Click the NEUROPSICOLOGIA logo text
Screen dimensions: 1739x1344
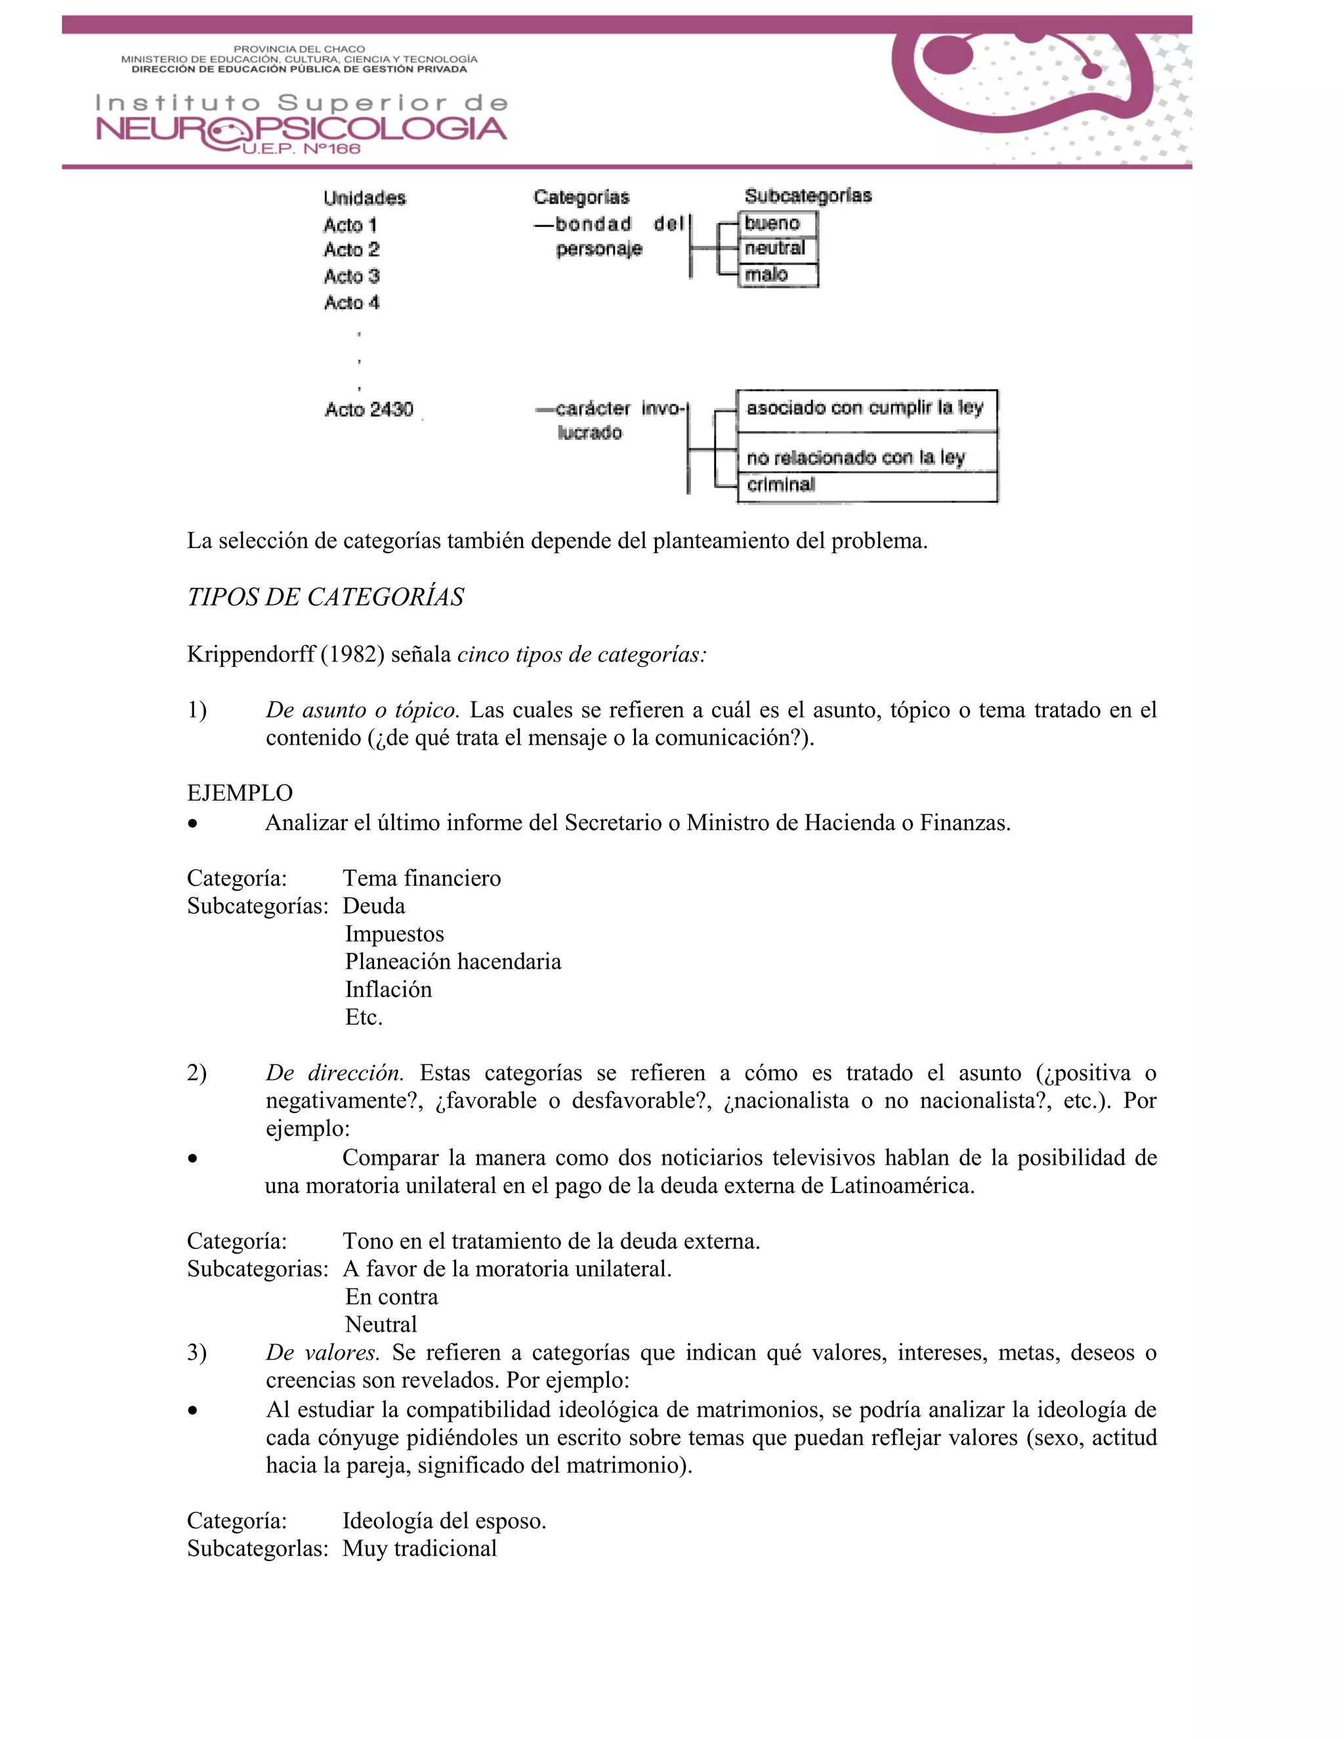coord(301,129)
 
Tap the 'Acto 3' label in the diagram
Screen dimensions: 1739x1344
coord(351,276)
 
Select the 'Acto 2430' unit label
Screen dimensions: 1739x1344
coord(369,409)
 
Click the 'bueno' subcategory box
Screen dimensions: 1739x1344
coord(777,224)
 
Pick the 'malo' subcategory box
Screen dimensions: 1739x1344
coord(777,275)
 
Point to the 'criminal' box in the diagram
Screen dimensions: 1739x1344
coord(866,485)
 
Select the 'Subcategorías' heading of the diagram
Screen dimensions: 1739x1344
coord(807,196)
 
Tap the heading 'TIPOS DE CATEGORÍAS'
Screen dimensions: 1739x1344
coord(325,597)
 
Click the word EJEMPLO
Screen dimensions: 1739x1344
coord(240,793)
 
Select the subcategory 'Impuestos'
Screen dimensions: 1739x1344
coord(394,934)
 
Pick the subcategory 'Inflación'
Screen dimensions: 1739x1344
coord(388,990)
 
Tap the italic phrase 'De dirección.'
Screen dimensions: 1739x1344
coord(335,1074)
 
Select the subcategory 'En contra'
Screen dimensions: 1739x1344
coord(391,1297)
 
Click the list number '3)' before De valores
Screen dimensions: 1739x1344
coord(197,1353)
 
